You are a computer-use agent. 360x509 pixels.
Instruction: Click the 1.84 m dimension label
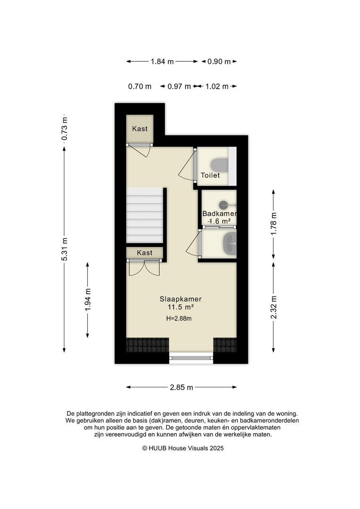pyautogui.click(x=162, y=61)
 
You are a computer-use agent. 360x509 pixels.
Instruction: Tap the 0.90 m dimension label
pyautogui.click(x=219, y=61)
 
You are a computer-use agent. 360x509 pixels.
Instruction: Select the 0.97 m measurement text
pyautogui.click(x=179, y=86)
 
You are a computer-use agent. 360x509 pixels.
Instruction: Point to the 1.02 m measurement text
pyautogui.click(x=217, y=86)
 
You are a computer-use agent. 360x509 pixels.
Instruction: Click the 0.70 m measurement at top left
pyautogui.click(x=139, y=86)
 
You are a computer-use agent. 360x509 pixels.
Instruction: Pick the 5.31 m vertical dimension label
pyautogui.click(x=64, y=249)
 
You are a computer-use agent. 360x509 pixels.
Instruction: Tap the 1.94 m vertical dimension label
pyautogui.click(x=88, y=300)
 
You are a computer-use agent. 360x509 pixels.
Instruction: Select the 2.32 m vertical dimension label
pyautogui.click(x=274, y=307)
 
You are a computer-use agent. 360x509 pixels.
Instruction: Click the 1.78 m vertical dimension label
pyautogui.click(x=274, y=224)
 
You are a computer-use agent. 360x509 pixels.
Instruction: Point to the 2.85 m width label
pyautogui.click(x=181, y=387)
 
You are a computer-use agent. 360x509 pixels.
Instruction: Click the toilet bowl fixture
pyautogui.click(x=219, y=165)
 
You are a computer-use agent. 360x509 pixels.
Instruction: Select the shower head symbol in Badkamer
pyautogui.click(x=224, y=205)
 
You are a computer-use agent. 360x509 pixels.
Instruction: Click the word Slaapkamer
pyautogui.click(x=180, y=299)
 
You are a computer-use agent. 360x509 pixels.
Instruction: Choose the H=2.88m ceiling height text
pyautogui.click(x=179, y=319)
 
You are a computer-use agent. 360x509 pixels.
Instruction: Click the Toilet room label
pyautogui.click(x=210, y=175)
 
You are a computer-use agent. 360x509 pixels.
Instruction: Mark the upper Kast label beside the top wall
pyautogui.click(x=140, y=129)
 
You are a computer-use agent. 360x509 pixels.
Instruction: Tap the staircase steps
pyautogui.click(x=145, y=215)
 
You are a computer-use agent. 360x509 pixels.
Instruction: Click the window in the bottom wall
pyautogui.click(x=191, y=358)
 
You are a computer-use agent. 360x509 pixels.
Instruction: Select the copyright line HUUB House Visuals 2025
pyautogui.click(x=183, y=448)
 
